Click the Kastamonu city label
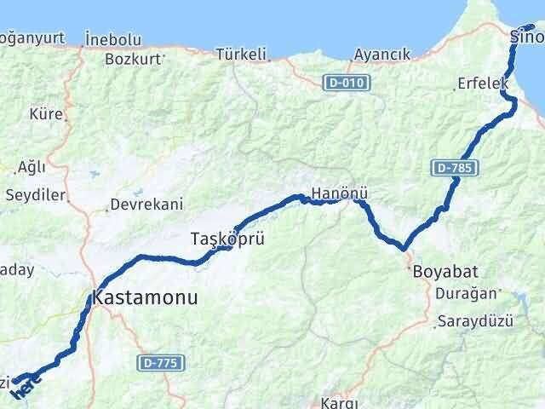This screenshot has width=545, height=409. [143, 298]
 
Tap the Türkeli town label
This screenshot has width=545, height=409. [242, 54]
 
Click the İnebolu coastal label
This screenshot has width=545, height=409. [118, 39]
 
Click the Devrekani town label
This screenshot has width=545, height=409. [146, 205]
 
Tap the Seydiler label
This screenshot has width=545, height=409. [36, 195]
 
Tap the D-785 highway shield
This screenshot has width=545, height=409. [452, 169]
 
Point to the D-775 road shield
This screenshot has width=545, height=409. [158, 363]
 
